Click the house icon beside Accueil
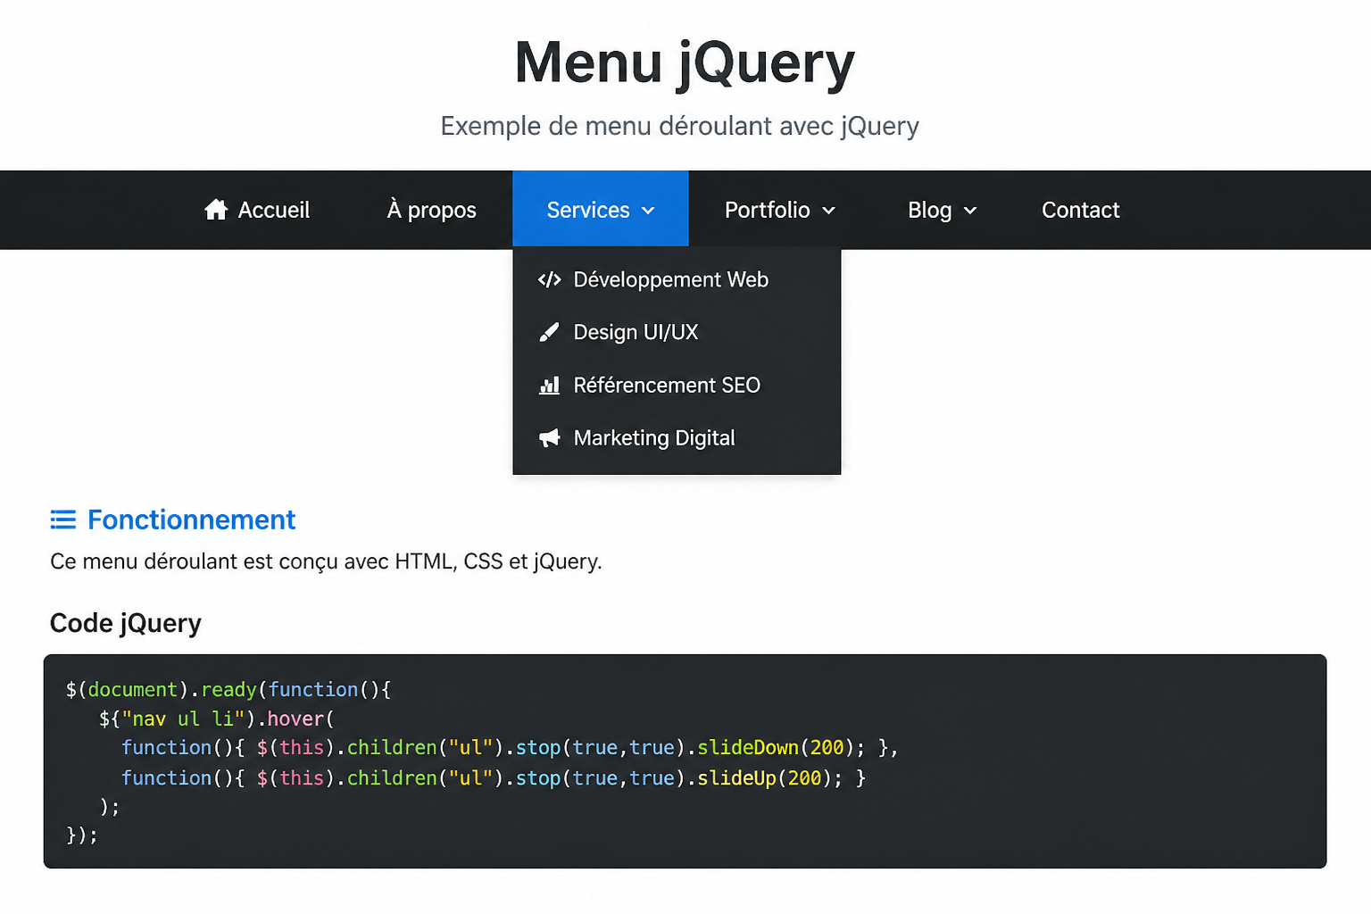pos(216,210)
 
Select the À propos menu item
pos(431,210)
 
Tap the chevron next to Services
pos(648,212)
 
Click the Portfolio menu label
pos(768,210)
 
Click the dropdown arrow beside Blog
pos(970,212)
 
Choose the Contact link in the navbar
pos(1081,210)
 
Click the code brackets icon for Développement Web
pos(550,279)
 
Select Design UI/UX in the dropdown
pos(636,332)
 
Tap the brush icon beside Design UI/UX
pos(549,332)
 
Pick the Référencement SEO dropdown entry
pos(667,385)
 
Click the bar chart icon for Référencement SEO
pos(549,386)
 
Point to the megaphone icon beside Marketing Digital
pos(550,438)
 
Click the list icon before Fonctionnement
pos(63,519)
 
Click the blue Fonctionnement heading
pos(192,519)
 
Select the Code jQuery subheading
pos(126,623)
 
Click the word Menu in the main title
pos(589,62)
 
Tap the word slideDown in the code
pos(748,747)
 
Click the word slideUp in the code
pos(737,778)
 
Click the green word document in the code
pos(133,690)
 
